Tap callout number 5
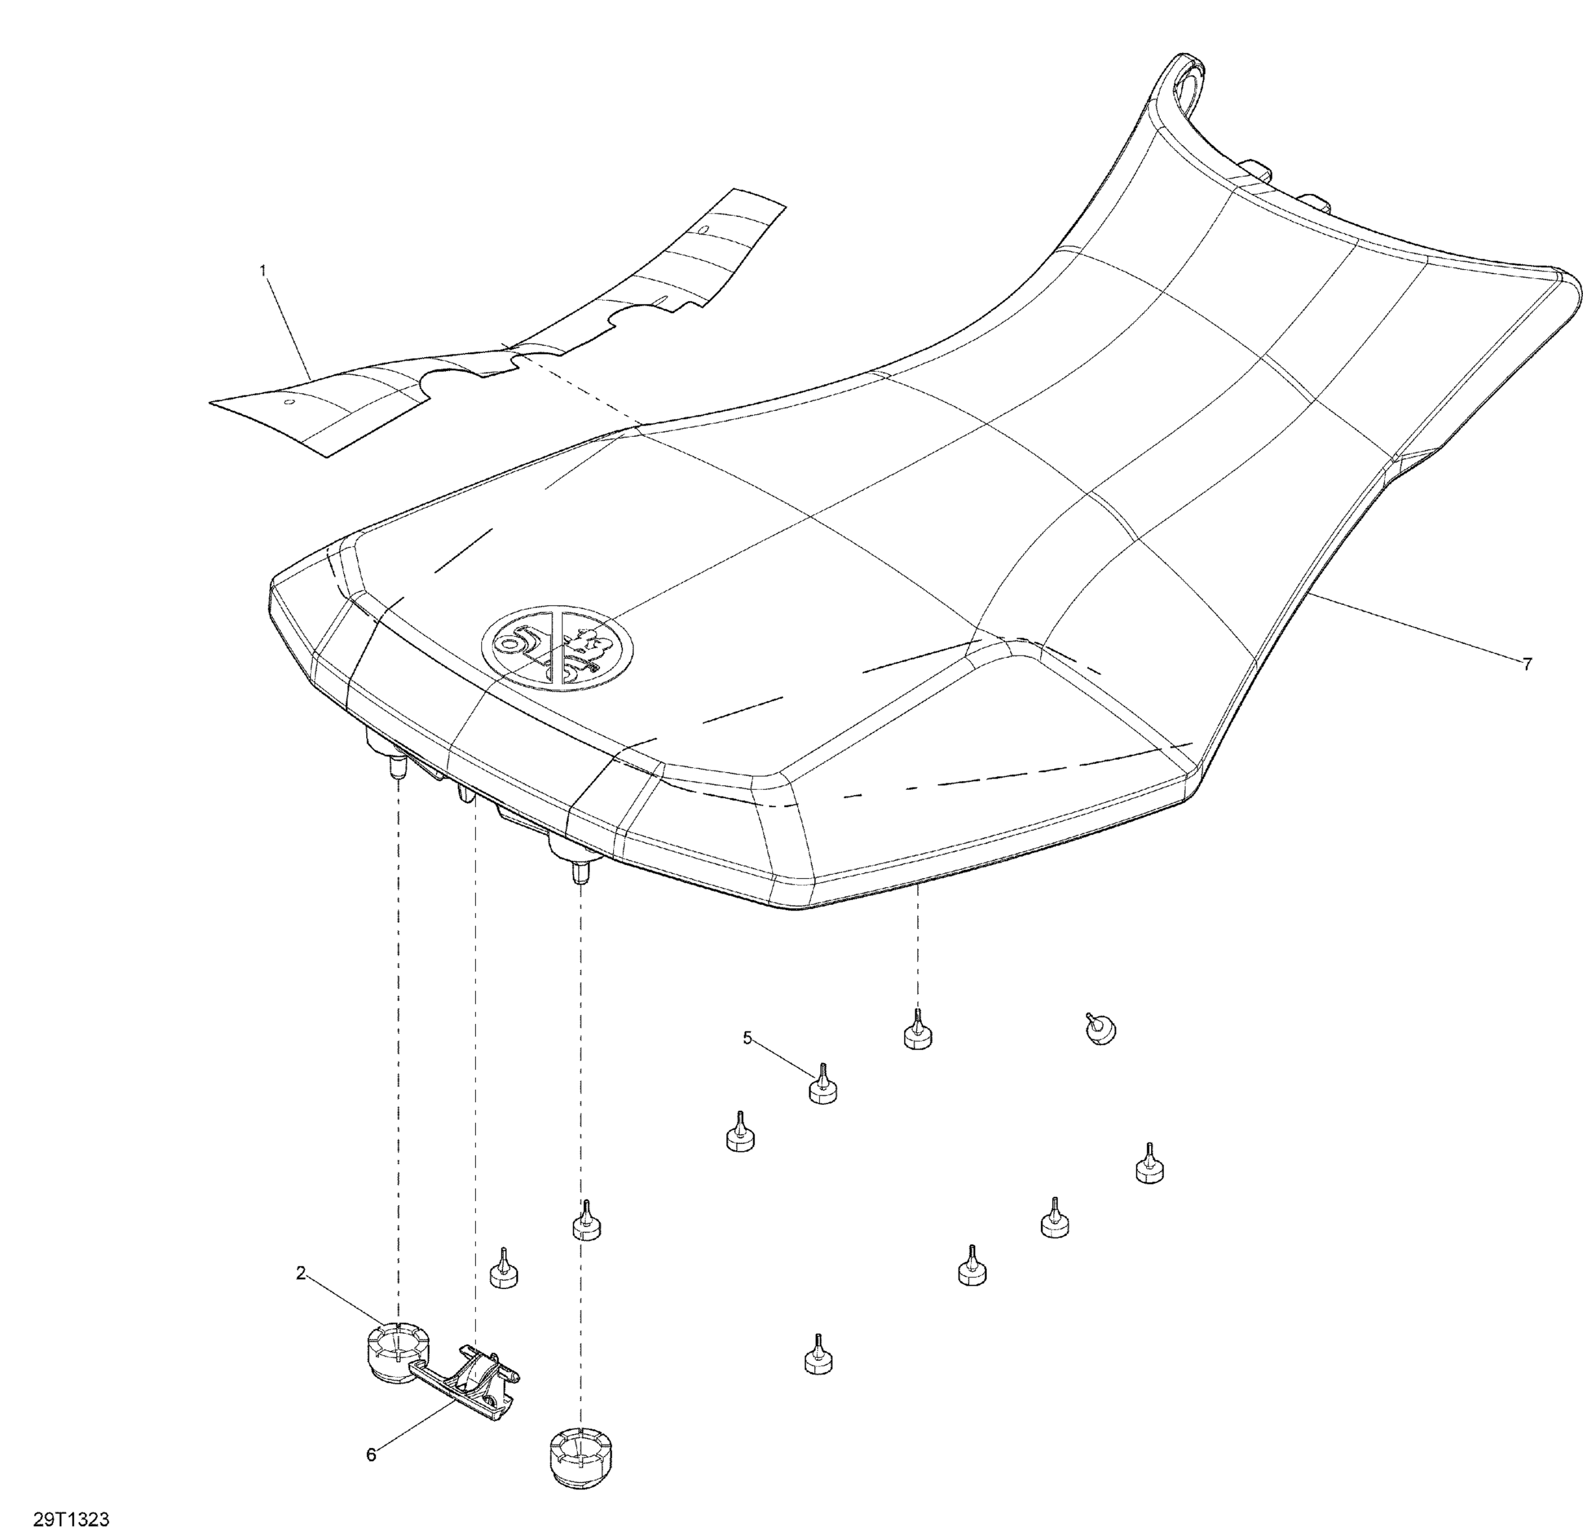(x=748, y=1038)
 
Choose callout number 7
(x=1527, y=664)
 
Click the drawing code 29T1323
(x=71, y=1520)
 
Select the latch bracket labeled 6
(x=472, y=1384)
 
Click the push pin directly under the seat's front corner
(x=917, y=1029)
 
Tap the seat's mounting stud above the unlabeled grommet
(x=578, y=872)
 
